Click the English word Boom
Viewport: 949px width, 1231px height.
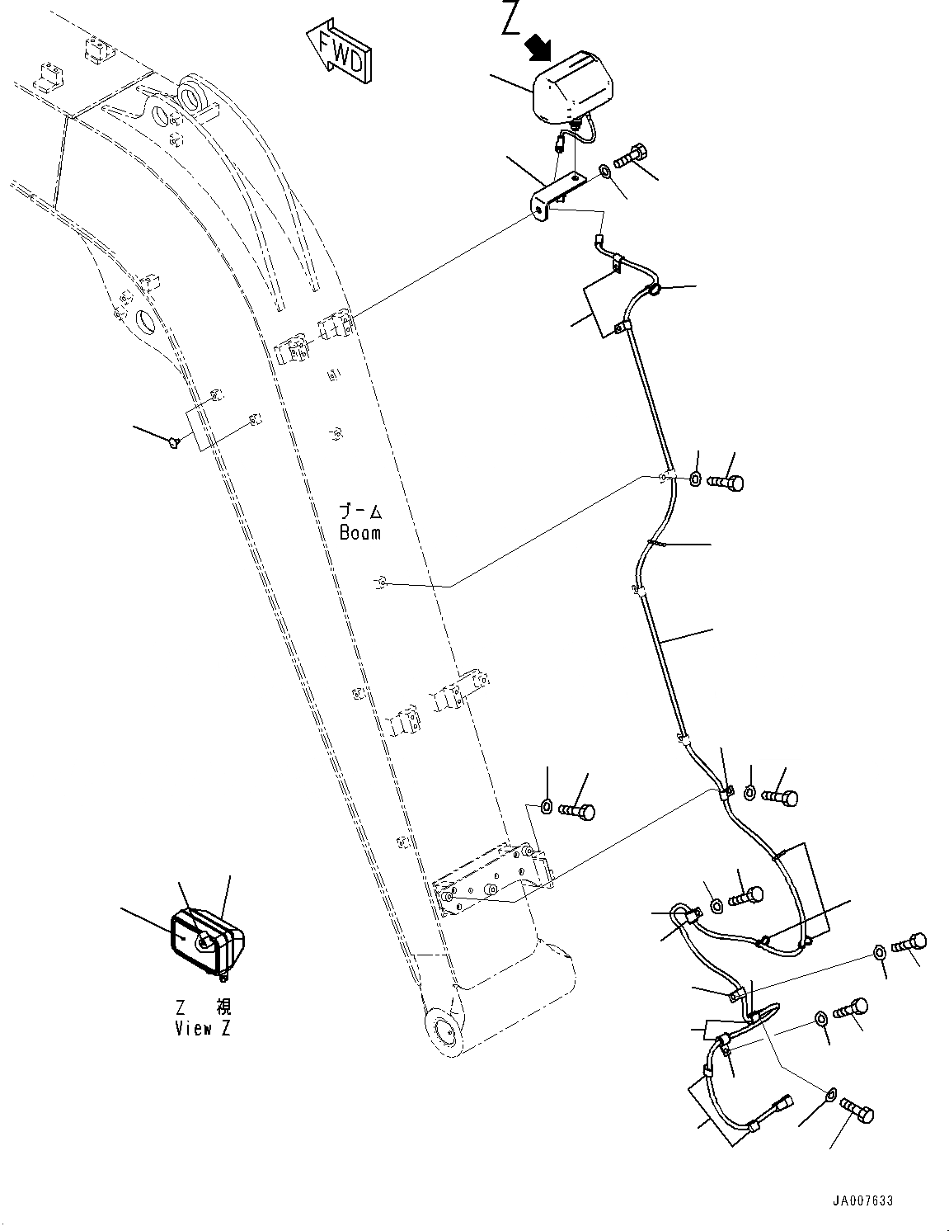tap(360, 532)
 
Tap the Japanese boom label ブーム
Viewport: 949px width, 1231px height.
tap(360, 512)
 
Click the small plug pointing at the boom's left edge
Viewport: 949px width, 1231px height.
tap(172, 443)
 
